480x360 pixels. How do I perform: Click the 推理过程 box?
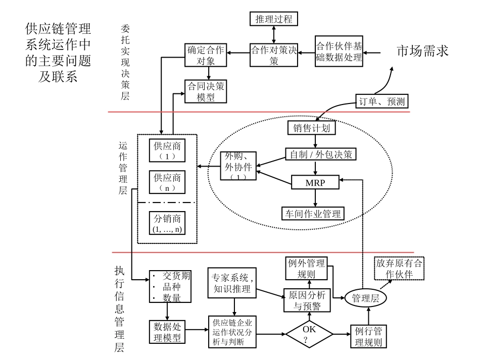pos(274,20)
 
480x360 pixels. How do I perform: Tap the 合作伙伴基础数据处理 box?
pos(339,52)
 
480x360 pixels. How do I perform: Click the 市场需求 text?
pos(422,52)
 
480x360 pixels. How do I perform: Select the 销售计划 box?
pos(311,128)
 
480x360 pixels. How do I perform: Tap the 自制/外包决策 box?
pos(321,154)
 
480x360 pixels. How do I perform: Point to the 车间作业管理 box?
pos(312,213)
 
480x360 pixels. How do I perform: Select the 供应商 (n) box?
pos(167,182)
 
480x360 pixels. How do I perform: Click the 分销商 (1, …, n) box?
pos(167,223)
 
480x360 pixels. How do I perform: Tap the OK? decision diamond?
pos(309,334)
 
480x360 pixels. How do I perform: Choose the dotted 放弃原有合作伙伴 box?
pos(399,269)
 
